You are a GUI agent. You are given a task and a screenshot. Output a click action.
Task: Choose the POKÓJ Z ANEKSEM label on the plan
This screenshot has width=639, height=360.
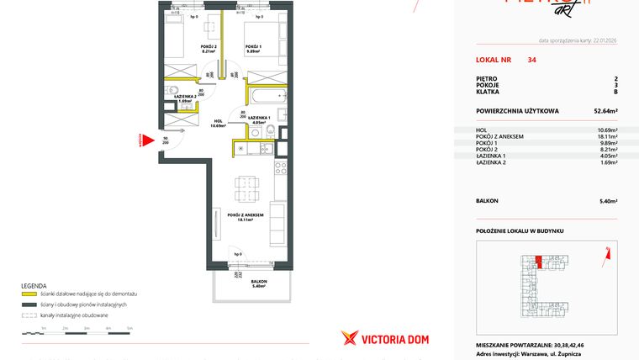[x=246, y=215]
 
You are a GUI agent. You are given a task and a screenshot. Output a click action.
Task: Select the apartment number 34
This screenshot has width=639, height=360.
[x=532, y=61]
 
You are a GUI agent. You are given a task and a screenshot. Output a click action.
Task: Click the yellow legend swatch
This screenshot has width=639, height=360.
[x=29, y=294]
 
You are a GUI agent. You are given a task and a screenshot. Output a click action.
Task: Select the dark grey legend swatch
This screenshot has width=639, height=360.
[x=29, y=304]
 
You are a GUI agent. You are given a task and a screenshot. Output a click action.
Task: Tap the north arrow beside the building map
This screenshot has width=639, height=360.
[x=606, y=249]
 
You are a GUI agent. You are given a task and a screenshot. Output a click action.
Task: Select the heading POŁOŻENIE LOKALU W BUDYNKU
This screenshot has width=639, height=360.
[x=519, y=230]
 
